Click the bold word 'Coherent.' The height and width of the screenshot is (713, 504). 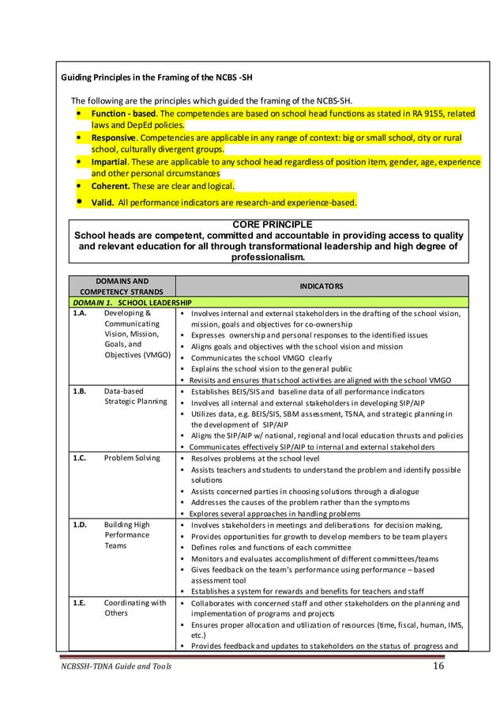point(111,186)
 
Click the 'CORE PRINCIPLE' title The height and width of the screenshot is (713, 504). point(269,224)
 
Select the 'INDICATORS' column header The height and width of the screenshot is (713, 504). point(321,285)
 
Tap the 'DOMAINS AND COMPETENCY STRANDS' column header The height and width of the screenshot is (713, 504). point(116,285)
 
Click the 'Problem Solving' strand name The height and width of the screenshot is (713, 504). point(131,458)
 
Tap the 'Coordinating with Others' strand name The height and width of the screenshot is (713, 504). point(134,608)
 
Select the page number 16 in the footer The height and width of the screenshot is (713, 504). point(439,666)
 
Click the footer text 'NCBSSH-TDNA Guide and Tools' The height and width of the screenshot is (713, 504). point(115,667)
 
